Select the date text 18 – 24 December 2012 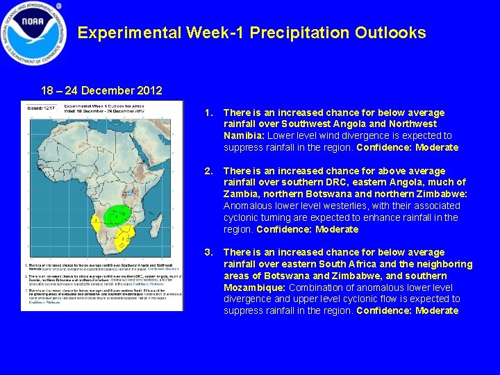pos(101,90)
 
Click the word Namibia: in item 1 pos(244,135)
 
